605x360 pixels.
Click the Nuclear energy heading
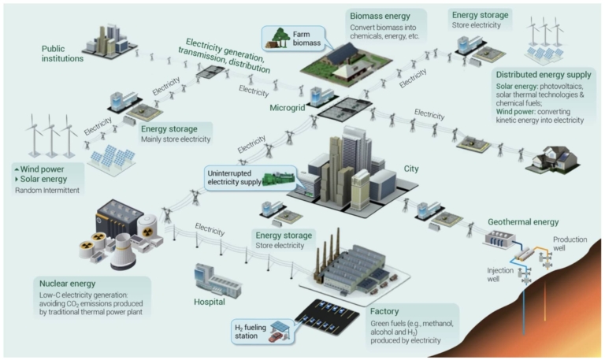(x=67, y=284)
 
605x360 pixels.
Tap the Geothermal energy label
(x=523, y=222)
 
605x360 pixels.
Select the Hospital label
(x=209, y=302)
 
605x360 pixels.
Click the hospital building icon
(x=217, y=280)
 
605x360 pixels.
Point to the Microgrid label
(x=288, y=108)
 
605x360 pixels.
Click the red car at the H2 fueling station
(x=277, y=337)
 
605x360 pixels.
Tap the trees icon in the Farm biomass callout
(x=279, y=38)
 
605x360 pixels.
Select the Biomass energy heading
(x=380, y=17)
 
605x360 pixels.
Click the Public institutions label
(x=62, y=54)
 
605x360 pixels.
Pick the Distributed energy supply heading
(x=544, y=75)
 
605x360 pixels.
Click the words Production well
(x=570, y=243)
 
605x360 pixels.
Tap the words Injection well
(x=500, y=274)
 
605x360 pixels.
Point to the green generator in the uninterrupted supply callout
(x=279, y=180)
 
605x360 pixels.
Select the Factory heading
(x=384, y=311)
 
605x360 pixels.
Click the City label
(x=411, y=169)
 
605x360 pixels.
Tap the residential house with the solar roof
(x=552, y=158)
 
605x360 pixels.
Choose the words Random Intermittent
(x=47, y=190)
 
